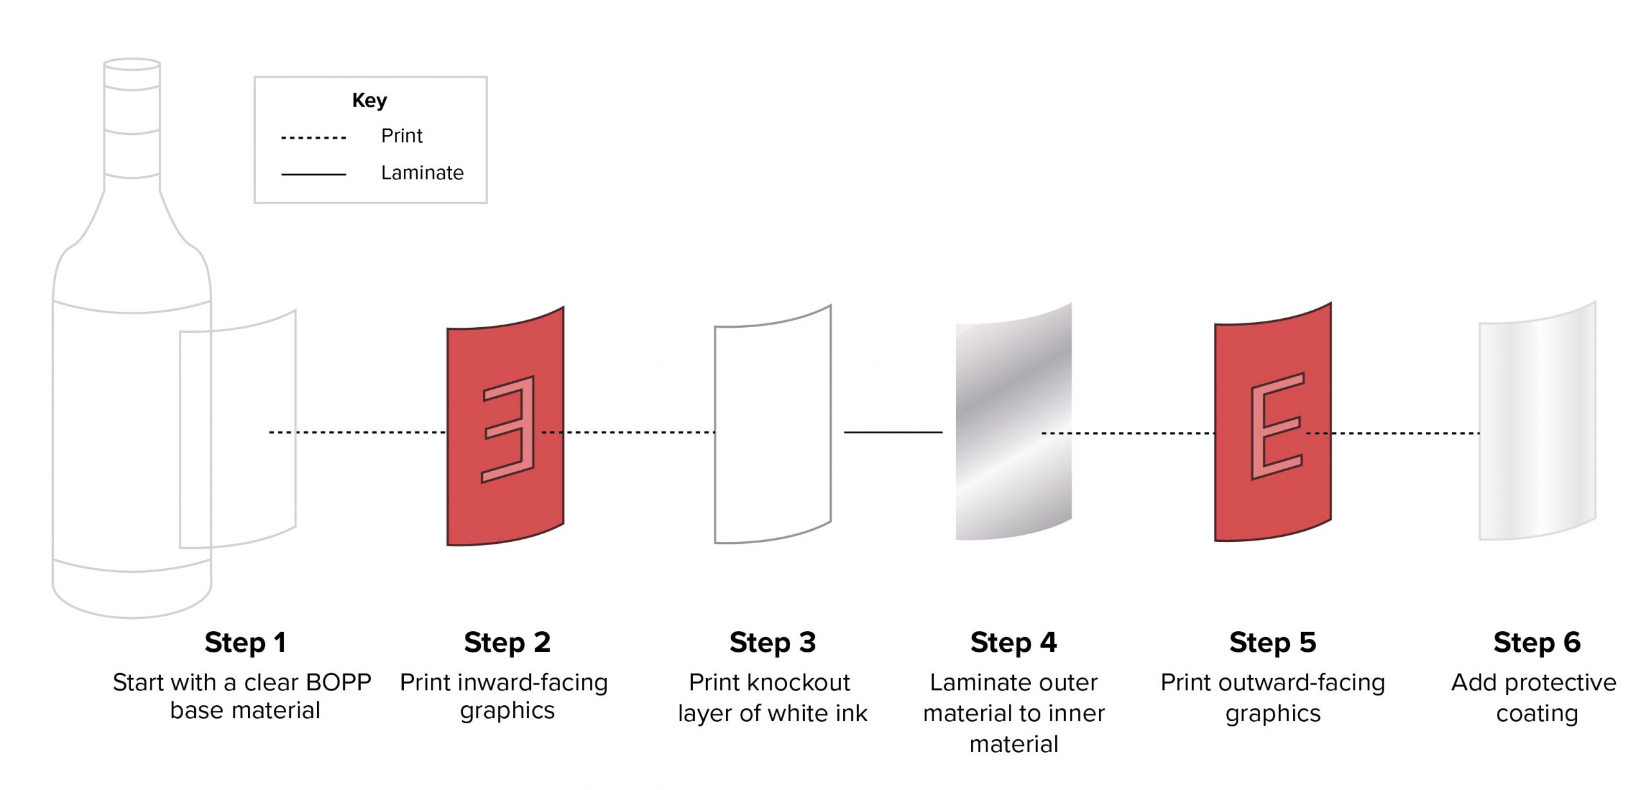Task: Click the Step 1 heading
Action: click(x=245, y=642)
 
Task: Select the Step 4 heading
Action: click(x=1013, y=642)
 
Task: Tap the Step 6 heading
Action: click(x=1537, y=642)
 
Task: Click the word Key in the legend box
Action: click(x=369, y=100)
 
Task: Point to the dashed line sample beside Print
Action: click(x=313, y=138)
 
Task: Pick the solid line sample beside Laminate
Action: click(x=313, y=174)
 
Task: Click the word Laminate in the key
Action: click(x=422, y=173)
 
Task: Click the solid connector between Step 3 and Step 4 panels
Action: click(x=892, y=432)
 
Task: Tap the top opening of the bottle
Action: click(x=132, y=64)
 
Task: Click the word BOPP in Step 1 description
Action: click(x=338, y=682)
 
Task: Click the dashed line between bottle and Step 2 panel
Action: click(x=357, y=432)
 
